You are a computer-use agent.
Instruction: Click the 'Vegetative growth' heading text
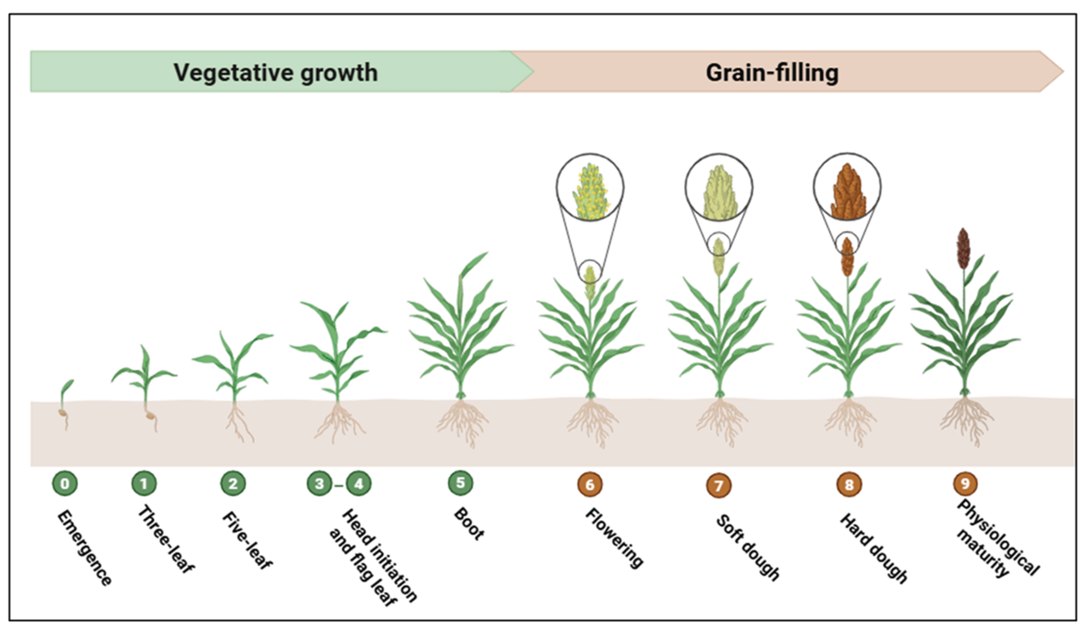(x=276, y=72)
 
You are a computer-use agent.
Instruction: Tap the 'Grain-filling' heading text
(x=772, y=72)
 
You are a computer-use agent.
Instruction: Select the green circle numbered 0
(x=65, y=484)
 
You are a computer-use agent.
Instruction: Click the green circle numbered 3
(x=320, y=484)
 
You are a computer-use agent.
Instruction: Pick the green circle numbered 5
(x=460, y=482)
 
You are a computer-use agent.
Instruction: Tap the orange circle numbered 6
(x=590, y=485)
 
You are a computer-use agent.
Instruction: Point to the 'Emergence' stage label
(x=84, y=547)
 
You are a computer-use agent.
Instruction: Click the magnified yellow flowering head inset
(x=590, y=188)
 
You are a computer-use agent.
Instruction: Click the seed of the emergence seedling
(x=63, y=413)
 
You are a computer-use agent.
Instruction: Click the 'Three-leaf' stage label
(x=166, y=539)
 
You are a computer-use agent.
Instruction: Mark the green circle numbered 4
(x=359, y=484)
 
